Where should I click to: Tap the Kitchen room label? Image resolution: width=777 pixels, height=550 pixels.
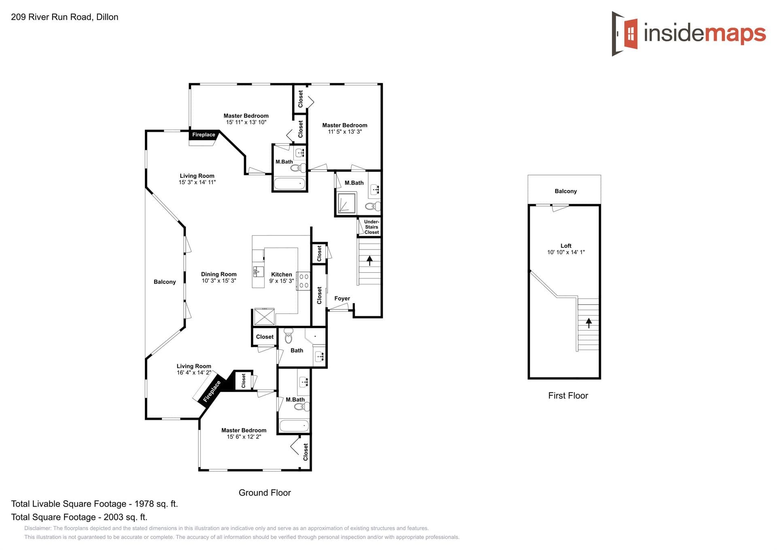point(281,274)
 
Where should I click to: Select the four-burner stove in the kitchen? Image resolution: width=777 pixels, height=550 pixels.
point(304,281)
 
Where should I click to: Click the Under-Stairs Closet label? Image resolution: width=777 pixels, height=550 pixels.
point(371,227)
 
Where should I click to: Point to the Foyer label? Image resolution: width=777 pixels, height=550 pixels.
point(342,298)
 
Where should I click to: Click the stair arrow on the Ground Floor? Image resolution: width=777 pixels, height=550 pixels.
point(369,260)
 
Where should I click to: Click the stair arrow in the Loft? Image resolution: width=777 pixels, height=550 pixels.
point(588,322)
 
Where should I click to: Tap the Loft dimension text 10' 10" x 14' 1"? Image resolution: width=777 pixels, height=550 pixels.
point(566,252)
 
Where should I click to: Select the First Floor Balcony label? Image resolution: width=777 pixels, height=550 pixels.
point(565,191)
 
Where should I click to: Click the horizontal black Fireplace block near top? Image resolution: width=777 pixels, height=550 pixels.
point(204,135)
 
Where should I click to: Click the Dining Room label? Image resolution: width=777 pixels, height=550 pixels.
point(219,274)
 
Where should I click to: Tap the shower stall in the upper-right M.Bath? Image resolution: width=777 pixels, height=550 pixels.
point(346,203)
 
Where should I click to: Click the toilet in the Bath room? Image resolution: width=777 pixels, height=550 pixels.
point(289,336)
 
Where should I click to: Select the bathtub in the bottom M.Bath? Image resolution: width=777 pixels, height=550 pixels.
point(294,426)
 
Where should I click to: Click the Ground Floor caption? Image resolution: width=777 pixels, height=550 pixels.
point(265,492)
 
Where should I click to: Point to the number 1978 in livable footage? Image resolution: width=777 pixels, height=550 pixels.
point(144,504)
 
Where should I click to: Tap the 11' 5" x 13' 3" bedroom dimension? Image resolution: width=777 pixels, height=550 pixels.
point(344,132)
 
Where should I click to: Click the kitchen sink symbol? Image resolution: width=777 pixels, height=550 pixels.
point(257,271)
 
